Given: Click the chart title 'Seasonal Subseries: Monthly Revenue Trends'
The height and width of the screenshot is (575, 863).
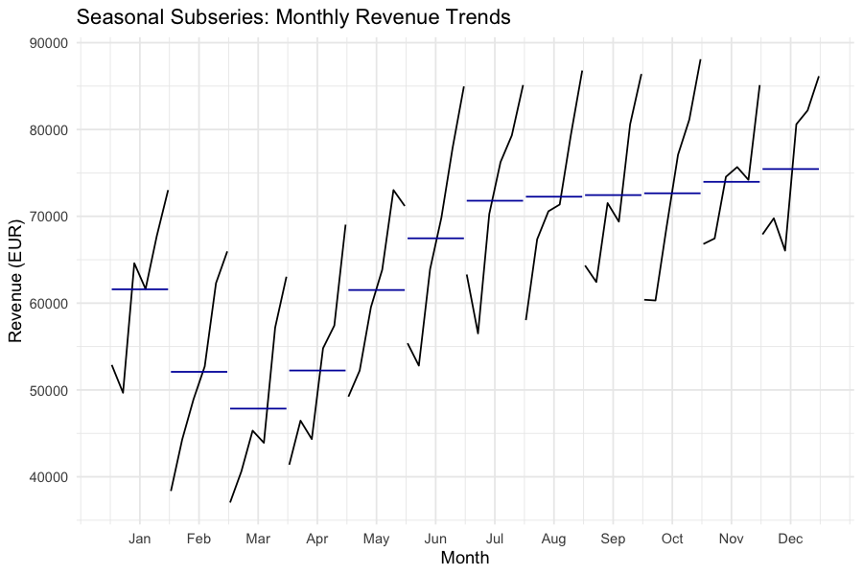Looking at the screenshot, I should click(292, 17).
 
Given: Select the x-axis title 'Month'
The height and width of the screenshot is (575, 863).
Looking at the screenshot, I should click(465, 557).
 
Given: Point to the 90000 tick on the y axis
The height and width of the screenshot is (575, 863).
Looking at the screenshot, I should click(47, 43).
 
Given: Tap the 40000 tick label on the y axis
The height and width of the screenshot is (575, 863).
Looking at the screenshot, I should click(47, 477).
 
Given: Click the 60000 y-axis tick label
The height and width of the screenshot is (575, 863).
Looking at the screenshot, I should click(47, 304).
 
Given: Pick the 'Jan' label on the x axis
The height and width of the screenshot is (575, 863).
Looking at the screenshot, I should click(140, 539).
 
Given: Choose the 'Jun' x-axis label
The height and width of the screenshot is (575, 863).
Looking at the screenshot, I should click(435, 539).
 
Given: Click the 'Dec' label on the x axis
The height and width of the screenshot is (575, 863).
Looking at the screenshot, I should click(790, 539).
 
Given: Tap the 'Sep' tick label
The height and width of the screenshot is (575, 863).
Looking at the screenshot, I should click(613, 539).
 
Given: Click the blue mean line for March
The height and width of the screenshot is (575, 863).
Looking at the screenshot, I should click(258, 408).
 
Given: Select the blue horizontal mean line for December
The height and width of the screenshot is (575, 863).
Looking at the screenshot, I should click(790, 169).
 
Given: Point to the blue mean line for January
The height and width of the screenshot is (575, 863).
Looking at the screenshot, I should click(140, 288).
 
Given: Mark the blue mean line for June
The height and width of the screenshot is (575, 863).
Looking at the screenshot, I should click(435, 238).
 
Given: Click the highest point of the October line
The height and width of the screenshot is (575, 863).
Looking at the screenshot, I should click(701, 59).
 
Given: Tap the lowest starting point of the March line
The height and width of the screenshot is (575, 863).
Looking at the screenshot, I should click(230, 502).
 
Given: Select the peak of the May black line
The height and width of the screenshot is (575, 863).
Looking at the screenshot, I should click(393, 190).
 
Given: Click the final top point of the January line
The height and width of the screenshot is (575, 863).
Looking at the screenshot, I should click(168, 191).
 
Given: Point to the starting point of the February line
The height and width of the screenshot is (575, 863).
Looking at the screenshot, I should click(171, 491).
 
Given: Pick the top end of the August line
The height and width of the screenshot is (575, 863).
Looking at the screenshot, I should click(582, 71).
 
